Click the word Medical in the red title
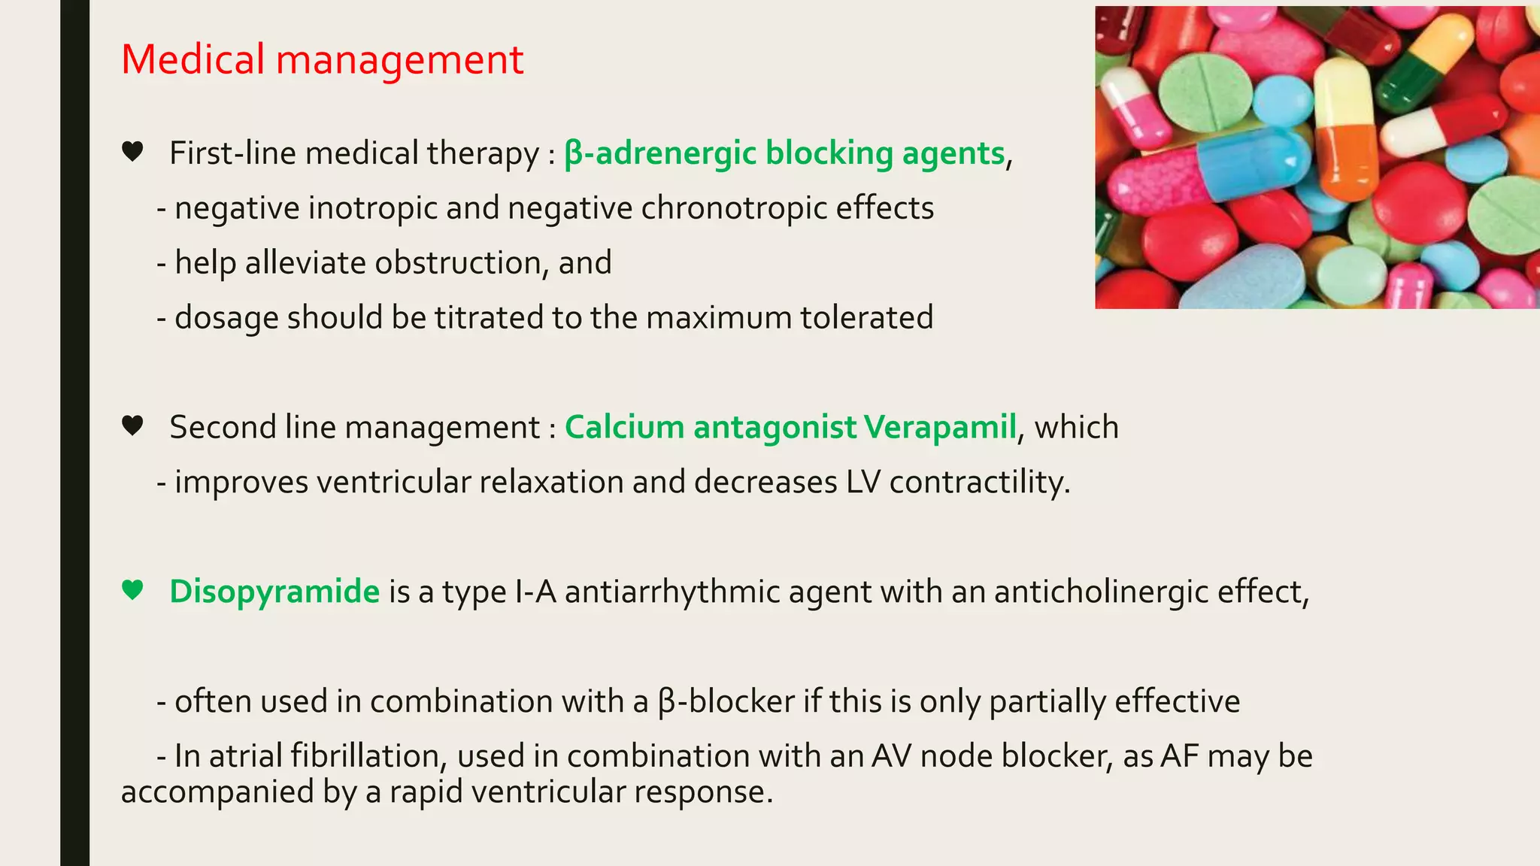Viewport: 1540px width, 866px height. pyautogui.click(x=192, y=59)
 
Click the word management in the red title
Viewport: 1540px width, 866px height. pyautogui.click(x=399, y=59)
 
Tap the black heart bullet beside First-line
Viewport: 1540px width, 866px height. pyautogui.click(x=132, y=152)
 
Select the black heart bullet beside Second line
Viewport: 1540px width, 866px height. pyautogui.click(x=132, y=426)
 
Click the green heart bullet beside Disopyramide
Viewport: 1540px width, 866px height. pyautogui.click(x=132, y=590)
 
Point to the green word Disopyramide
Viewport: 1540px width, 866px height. pyautogui.click(x=274, y=592)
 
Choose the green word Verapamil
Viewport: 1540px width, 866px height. pyautogui.click(x=940, y=427)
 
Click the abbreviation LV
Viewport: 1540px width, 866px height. pyautogui.click(x=862, y=482)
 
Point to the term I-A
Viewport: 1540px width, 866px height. pyautogui.click(x=535, y=592)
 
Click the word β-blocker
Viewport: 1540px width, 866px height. pyautogui.click(x=726, y=701)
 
